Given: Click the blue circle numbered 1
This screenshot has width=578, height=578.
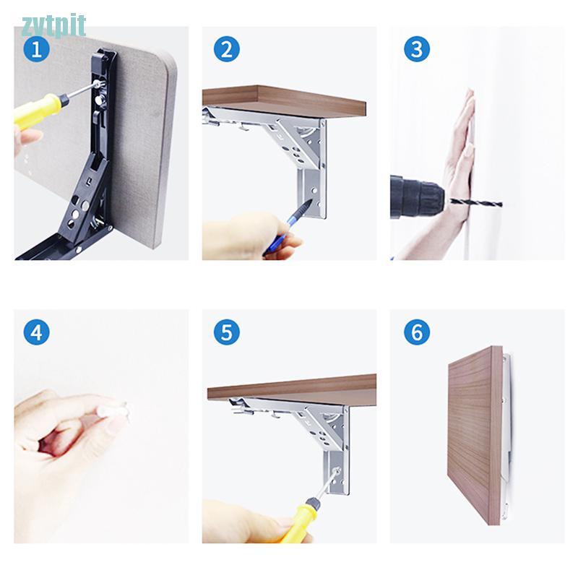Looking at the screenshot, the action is pos(37,49).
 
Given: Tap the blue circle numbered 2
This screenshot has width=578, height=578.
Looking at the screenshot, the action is pos(227,49).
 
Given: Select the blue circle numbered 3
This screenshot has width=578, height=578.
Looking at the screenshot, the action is pos(417,49).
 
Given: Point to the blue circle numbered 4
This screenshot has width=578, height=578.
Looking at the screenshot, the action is pos(37,332).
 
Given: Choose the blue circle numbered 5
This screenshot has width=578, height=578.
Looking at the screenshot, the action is pos(227,332).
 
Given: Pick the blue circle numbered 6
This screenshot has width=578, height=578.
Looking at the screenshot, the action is pos(417,332).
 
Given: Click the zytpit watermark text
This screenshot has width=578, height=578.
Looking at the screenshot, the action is pos(53,25).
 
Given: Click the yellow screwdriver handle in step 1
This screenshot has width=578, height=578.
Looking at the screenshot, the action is pos(38,110).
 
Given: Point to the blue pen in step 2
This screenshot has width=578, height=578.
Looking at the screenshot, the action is pos(288,228).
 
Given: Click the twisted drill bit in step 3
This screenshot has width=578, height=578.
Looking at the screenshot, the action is pos(475,202).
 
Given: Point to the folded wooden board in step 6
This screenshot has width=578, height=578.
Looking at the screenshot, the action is pos(475,435).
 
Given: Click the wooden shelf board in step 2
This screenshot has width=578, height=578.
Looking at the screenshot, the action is pos(284,102).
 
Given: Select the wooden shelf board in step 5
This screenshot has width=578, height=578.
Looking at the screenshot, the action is pos(292,390).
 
